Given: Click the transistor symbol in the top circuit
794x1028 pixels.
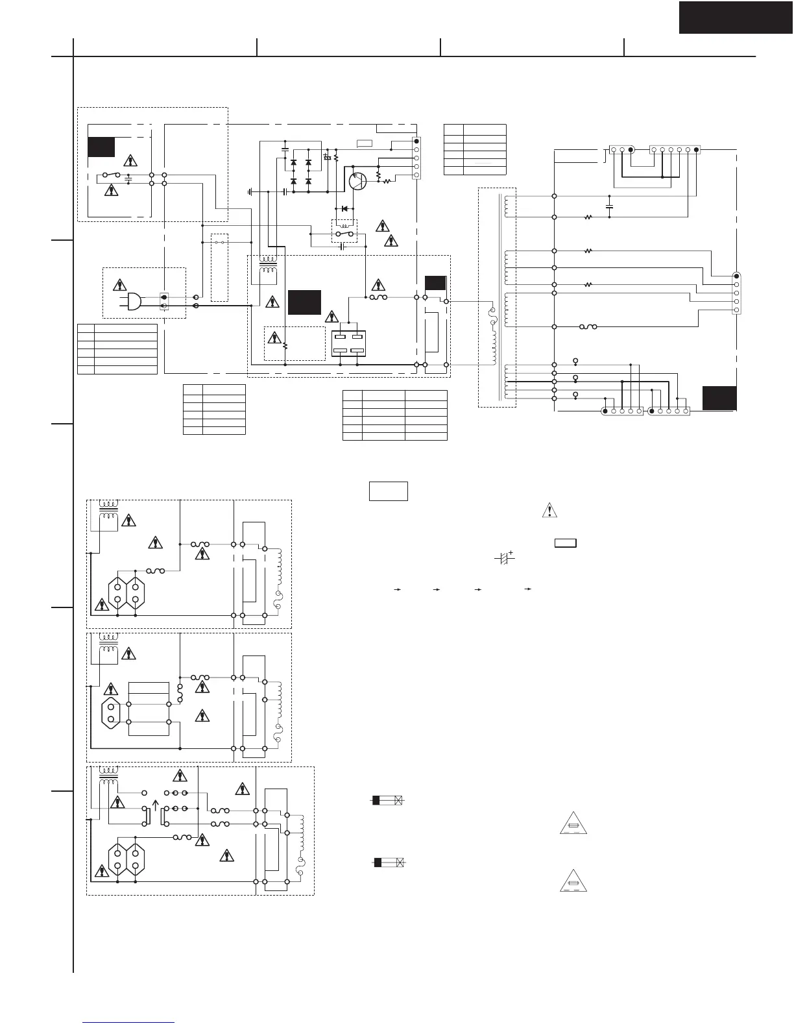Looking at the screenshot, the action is (x=357, y=181).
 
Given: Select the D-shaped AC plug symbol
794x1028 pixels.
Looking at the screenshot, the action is (x=134, y=301).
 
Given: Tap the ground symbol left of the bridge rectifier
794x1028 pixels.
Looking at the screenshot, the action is (x=250, y=192).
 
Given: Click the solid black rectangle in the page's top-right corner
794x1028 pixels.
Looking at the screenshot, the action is (x=736, y=17).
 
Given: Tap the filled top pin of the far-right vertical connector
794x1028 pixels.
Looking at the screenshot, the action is (x=736, y=276).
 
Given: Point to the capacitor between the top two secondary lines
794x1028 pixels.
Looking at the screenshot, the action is (x=609, y=206).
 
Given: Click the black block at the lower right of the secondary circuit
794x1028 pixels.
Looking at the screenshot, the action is (x=719, y=398).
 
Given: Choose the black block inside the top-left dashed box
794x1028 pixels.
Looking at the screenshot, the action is (x=101, y=147).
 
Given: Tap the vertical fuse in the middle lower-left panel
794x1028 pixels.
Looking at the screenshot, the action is (x=180, y=693).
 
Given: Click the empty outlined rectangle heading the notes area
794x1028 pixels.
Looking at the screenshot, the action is (x=388, y=491).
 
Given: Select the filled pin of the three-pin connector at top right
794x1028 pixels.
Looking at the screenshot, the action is (x=631, y=150).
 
